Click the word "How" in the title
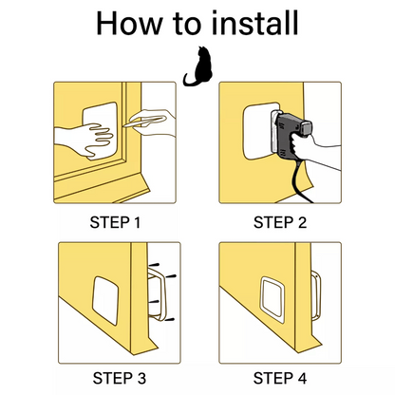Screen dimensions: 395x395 [129, 24]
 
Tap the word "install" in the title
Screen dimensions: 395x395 [255, 23]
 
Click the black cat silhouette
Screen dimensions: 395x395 [198, 66]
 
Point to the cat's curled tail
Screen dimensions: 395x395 [189, 81]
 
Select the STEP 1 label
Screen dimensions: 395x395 [115, 222]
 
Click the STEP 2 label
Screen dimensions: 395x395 [280, 222]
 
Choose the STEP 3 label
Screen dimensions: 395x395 [120, 378]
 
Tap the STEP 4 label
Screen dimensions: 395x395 [280, 378]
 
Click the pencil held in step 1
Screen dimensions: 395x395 [144, 122]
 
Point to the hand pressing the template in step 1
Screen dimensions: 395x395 [84, 141]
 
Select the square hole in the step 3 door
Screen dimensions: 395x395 [105, 301]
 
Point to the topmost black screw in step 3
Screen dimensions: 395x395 [154, 264]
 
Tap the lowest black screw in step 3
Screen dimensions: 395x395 [170, 320]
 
